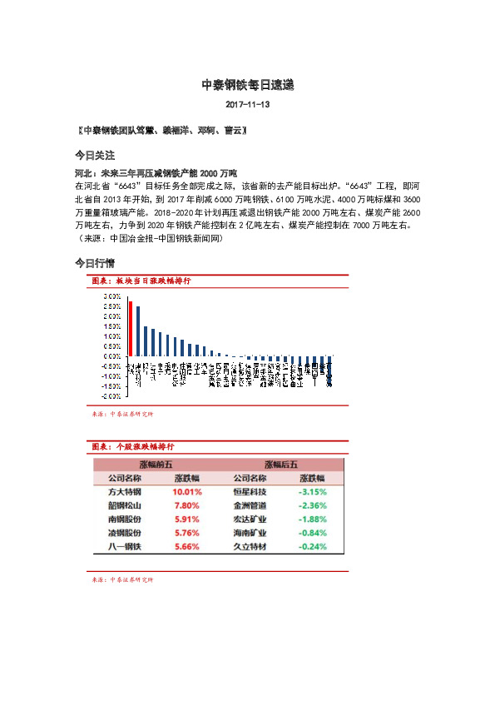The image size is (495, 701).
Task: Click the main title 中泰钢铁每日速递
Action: pyautogui.click(x=247, y=85)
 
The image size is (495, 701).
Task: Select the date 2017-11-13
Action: pyautogui.click(x=247, y=106)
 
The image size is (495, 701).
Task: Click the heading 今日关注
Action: pyautogui.click(x=94, y=155)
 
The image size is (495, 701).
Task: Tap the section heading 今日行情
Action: pyautogui.click(x=94, y=263)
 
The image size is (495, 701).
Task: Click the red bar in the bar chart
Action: pyautogui.click(x=131, y=328)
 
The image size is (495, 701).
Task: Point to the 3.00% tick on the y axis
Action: pyautogui.click(x=111, y=296)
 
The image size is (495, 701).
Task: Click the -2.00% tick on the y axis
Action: pyautogui.click(x=111, y=396)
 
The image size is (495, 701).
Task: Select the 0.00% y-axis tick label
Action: pyautogui.click(x=111, y=356)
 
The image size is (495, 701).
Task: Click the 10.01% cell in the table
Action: pyautogui.click(x=187, y=492)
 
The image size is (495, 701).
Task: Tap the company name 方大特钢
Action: pyautogui.click(x=125, y=492)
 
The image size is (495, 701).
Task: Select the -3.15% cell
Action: pyautogui.click(x=312, y=492)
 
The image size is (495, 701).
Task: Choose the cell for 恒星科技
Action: pyautogui.click(x=250, y=492)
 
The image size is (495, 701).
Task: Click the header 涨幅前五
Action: pyautogui.click(x=156, y=465)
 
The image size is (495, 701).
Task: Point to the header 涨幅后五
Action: pyautogui.click(x=280, y=465)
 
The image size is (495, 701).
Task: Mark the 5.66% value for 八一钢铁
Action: pyautogui.click(x=187, y=547)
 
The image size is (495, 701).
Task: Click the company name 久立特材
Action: pyautogui.click(x=250, y=547)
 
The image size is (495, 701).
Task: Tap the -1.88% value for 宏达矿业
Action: pyautogui.click(x=312, y=520)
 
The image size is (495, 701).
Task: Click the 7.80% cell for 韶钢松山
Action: pyautogui.click(x=187, y=505)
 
